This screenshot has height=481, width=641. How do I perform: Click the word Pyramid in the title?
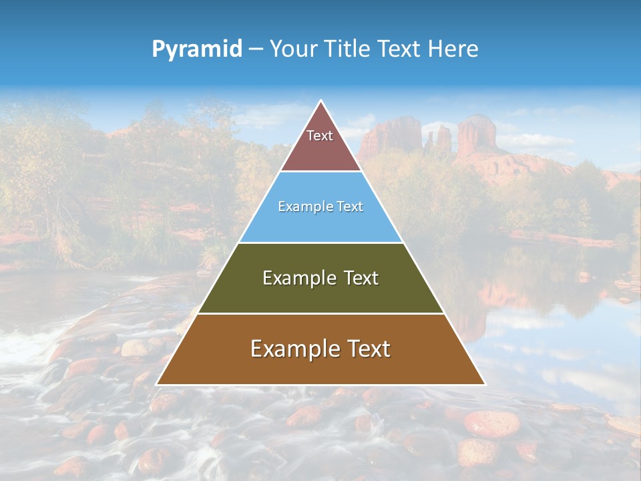tap(196, 49)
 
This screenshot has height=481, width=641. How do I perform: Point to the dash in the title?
tap(255, 49)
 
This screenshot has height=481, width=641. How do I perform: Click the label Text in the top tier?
tap(320, 136)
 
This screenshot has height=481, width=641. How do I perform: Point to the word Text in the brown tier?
tap(368, 349)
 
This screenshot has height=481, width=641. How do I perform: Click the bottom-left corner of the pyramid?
tap(158, 384)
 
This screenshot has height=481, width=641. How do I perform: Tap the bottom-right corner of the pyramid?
tap(484, 384)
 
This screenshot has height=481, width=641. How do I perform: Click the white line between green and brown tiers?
tap(320, 313)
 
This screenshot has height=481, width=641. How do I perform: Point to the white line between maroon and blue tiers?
tap(320, 172)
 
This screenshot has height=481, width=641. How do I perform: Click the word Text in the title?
tap(399, 49)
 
